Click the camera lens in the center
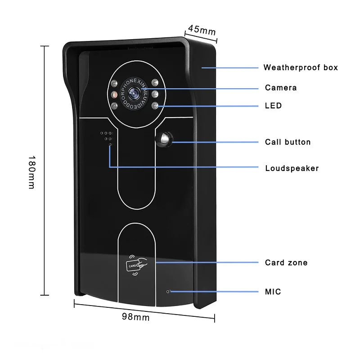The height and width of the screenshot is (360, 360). tap(134, 94)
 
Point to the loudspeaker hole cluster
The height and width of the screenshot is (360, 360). tap(106, 137)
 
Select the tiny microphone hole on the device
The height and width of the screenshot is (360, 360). tap(168, 291)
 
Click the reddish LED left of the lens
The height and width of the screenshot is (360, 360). tap(114, 94)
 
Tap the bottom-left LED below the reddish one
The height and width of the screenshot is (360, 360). tap(115, 106)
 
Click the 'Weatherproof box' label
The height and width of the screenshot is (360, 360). tap(300, 67)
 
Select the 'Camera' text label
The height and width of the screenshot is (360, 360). tap(281, 88)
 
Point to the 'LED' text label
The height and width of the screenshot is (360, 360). tap(273, 106)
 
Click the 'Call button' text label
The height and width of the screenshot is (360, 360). tap(288, 142)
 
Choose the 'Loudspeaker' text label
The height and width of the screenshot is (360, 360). tap(292, 168)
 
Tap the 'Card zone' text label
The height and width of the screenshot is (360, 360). tap(286, 262)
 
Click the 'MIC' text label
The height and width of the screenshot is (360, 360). tap(273, 292)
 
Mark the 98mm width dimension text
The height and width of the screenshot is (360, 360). tap(135, 317)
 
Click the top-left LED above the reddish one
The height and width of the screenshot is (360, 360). tap(115, 83)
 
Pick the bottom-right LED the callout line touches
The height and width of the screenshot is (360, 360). tap(155, 106)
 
